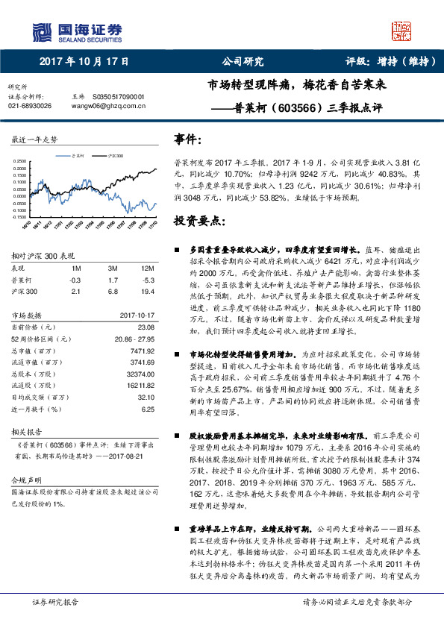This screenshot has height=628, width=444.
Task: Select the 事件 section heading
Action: click(188, 139)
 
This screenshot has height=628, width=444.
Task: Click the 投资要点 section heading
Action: click(198, 222)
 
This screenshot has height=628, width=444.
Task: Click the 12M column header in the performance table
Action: click(147, 267)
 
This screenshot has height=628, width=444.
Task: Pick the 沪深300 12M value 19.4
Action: click(146, 290)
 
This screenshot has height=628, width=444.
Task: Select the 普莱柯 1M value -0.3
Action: click(75, 279)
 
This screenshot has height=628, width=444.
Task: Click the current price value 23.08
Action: click(145, 326)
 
